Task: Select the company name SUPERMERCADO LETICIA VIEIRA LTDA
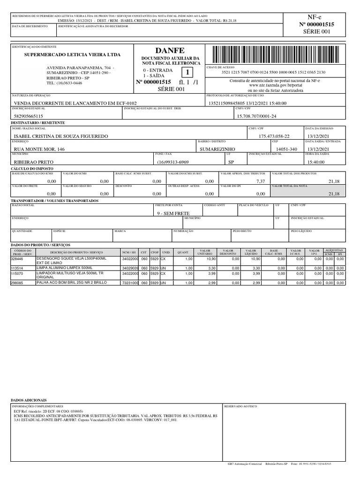coord(73,55)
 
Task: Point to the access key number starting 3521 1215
coord(274,72)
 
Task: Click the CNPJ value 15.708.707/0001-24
coord(257,116)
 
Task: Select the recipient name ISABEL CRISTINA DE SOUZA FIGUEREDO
coord(61,136)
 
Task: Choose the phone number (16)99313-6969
coord(173,162)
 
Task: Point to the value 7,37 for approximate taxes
coord(261,181)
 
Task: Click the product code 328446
coord(17,259)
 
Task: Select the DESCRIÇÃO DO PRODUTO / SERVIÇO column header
coord(76,252)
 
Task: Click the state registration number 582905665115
coord(29,116)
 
